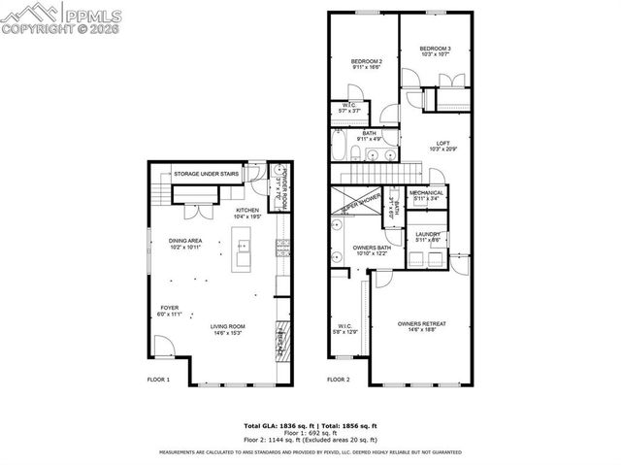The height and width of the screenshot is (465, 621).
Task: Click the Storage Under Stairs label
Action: pos(207,174)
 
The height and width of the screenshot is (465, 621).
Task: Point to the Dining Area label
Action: pos(184,244)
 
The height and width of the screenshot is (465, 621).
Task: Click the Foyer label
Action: pos(170,311)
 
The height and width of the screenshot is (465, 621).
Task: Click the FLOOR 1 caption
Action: pos(158,380)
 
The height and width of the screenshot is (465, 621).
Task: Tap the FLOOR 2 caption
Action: pos(338,380)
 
